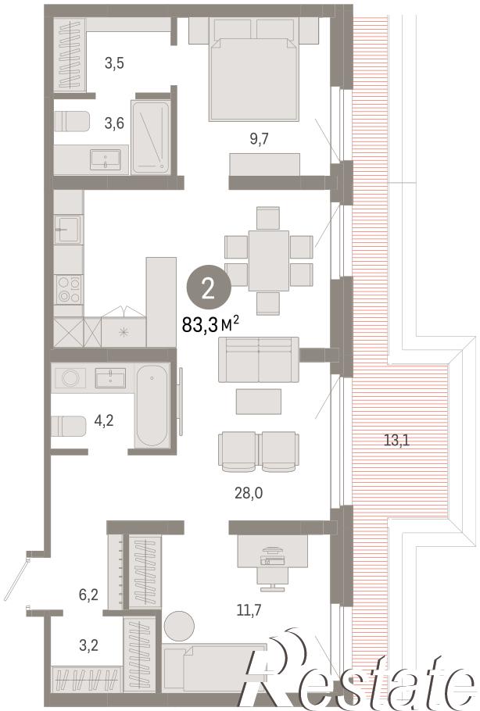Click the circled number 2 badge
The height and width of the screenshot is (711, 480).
pyautogui.click(x=209, y=288)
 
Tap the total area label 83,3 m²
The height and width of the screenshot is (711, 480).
pyautogui.click(x=210, y=324)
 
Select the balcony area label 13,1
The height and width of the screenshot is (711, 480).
pyautogui.click(x=396, y=440)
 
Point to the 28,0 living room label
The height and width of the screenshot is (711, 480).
pyautogui.click(x=249, y=492)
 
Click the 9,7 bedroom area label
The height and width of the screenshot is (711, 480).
pyautogui.click(x=259, y=139)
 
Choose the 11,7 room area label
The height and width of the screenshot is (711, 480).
pyautogui.click(x=249, y=610)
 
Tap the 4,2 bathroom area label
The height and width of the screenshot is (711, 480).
pyautogui.click(x=104, y=421)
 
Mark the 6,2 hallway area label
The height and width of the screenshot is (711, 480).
pyautogui.click(x=89, y=594)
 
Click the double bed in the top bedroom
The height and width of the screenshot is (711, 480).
pyautogui.click(x=253, y=79)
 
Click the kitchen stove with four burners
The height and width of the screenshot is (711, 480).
pyautogui.click(x=69, y=289)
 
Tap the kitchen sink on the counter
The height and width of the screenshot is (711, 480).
pyautogui.click(x=68, y=230)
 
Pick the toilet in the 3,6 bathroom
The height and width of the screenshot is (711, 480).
pyautogui.click(x=72, y=120)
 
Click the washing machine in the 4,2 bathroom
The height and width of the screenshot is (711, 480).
pyautogui.click(x=70, y=377)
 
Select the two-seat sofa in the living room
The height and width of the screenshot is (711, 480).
pyautogui.click(x=259, y=359)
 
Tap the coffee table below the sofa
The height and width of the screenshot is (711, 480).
pyautogui.click(x=259, y=402)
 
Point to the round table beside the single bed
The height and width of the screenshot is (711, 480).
pyautogui.click(x=179, y=625)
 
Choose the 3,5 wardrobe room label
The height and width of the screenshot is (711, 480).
pyautogui.click(x=114, y=63)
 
